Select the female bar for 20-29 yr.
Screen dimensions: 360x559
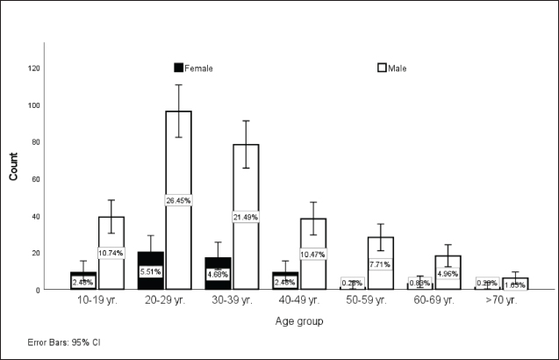point(151,263)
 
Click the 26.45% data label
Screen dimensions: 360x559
point(178,200)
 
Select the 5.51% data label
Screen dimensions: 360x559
point(151,272)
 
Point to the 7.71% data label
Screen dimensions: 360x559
point(381,263)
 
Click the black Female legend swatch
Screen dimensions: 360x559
point(179,68)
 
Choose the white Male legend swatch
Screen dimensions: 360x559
point(382,68)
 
